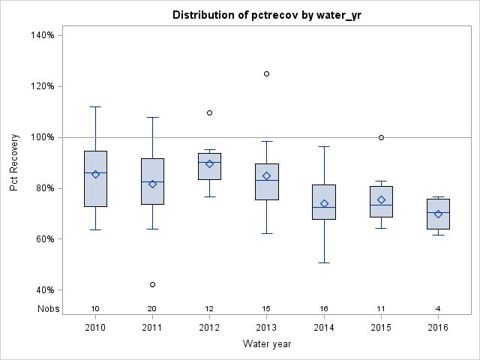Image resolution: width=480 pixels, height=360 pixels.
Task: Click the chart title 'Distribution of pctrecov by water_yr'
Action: point(266,15)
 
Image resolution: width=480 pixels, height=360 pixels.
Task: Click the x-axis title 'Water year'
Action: point(266,343)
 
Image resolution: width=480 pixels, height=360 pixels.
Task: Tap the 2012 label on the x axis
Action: point(210,328)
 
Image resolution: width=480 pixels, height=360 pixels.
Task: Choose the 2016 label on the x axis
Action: point(438,328)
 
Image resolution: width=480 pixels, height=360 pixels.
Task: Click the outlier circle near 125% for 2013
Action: point(267,73)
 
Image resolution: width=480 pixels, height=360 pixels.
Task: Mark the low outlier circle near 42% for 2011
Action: point(153,284)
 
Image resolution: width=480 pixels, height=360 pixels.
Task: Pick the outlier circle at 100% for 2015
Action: point(381,137)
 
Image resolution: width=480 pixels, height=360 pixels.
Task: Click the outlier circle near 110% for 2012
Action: point(210,112)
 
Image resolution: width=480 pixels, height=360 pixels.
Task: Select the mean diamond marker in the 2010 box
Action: point(95,174)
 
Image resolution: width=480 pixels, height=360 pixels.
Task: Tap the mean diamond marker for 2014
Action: point(324,203)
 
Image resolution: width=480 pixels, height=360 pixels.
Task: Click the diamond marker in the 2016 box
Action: point(438,214)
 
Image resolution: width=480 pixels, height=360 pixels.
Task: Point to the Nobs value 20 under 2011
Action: point(153,308)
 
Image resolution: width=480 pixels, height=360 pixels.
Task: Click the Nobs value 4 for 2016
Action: point(438,308)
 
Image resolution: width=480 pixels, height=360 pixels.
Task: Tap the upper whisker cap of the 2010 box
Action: point(95,106)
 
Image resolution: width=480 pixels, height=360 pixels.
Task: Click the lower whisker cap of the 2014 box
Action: point(324,262)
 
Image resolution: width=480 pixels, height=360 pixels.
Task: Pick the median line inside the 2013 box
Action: point(267,180)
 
